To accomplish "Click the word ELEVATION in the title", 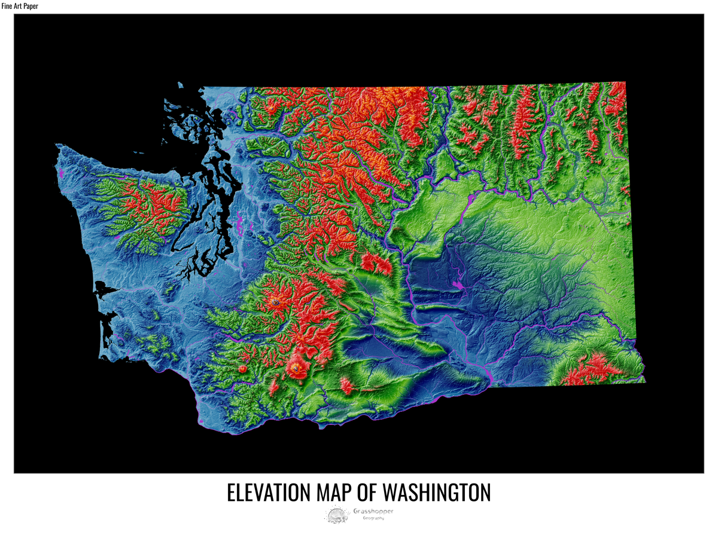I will pos(265,492).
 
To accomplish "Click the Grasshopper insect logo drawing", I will pos(337,515).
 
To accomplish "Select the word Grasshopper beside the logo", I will pos(373,511).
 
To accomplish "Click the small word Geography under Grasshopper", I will pos(373,518).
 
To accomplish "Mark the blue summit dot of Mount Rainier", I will pos(275,303).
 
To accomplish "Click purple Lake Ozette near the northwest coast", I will pos(61,174).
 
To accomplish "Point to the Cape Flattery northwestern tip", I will pos(57,145).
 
